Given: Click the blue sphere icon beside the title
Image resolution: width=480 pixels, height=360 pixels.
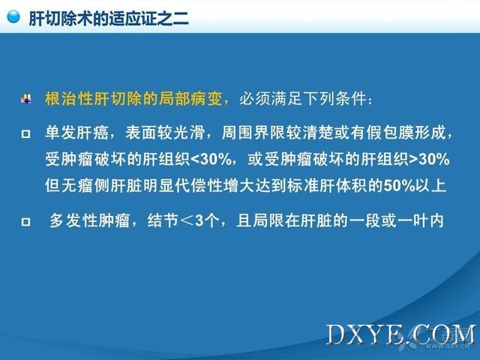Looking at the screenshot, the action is pos(13,16).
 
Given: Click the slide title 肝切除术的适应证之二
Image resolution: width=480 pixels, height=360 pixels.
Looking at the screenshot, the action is pos(109,18).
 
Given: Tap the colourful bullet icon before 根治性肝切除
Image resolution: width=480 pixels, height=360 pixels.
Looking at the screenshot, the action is pos(26,98).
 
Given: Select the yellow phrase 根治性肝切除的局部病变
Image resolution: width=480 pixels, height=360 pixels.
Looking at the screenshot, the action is pos(133,98).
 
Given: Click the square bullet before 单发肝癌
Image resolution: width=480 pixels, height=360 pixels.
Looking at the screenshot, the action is pos(25,133).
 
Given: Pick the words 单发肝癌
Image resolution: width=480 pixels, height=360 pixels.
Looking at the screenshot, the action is pos(76,133).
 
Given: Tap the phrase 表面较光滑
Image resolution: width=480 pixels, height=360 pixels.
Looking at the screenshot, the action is pos(165,133).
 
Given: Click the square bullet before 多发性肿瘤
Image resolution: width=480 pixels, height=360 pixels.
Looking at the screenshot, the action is pos(25,221).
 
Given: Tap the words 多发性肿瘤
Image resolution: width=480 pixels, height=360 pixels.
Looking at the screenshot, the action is pos(90,220).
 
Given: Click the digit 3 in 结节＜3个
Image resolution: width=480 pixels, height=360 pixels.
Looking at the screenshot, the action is pos(199,220).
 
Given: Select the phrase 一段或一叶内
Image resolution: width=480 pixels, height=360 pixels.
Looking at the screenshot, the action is pos(395,220).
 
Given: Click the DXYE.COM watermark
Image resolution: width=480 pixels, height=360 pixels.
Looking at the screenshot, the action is pos(401,334).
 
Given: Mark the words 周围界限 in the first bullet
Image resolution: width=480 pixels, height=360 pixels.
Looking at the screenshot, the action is pos(253,133).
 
